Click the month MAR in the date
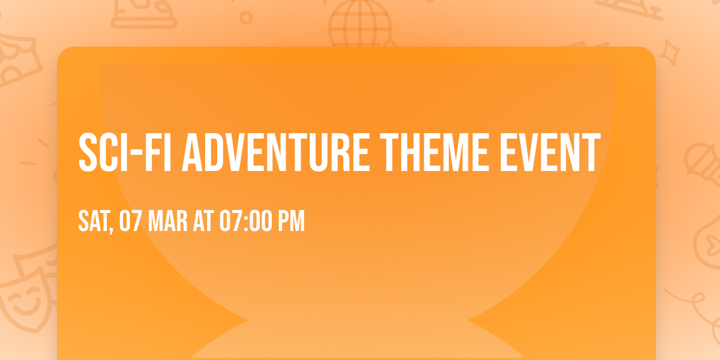pos(165,221)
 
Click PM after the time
pos(291,221)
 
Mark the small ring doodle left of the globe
pos(245,18)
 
